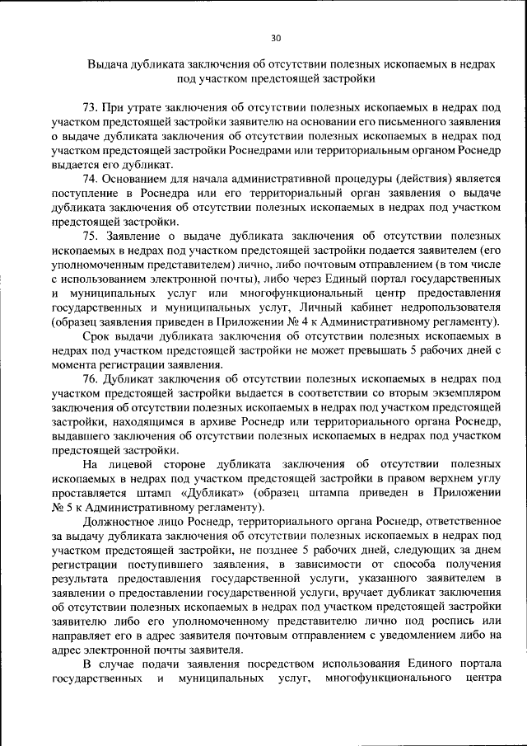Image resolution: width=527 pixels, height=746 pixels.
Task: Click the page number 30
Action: (x=275, y=37)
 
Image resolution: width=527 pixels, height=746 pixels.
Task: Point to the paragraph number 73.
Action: (x=91, y=108)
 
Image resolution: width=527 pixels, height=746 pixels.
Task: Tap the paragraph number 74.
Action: (x=91, y=178)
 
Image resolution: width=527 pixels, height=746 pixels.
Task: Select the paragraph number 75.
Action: (x=91, y=234)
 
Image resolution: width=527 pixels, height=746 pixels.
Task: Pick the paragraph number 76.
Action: (x=91, y=378)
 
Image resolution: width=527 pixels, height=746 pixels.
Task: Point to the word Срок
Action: (x=96, y=335)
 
